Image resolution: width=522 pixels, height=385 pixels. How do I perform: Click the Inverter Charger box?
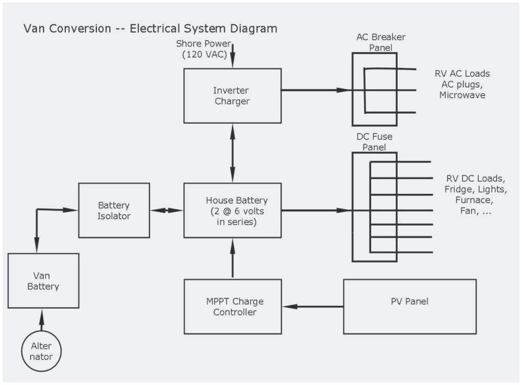click(x=232, y=96)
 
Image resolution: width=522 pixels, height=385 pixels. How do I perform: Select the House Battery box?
click(x=232, y=211)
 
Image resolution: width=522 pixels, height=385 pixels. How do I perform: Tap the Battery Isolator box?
click(x=114, y=210)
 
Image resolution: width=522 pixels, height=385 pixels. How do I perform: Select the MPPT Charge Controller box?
click(x=232, y=307)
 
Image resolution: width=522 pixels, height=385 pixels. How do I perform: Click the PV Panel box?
click(x=409, y=307)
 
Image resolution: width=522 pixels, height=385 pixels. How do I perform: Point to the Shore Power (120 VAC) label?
click(x=203, y=49)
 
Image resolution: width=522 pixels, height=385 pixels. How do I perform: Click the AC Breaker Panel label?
click(x=381, y=42)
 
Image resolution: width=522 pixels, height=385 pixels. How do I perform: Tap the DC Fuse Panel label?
click(x=374, y=142)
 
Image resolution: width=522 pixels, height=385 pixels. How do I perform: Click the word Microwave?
click(x=462, y=95)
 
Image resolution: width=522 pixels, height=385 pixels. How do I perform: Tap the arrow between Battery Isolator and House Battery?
click(x=167, y=211)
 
